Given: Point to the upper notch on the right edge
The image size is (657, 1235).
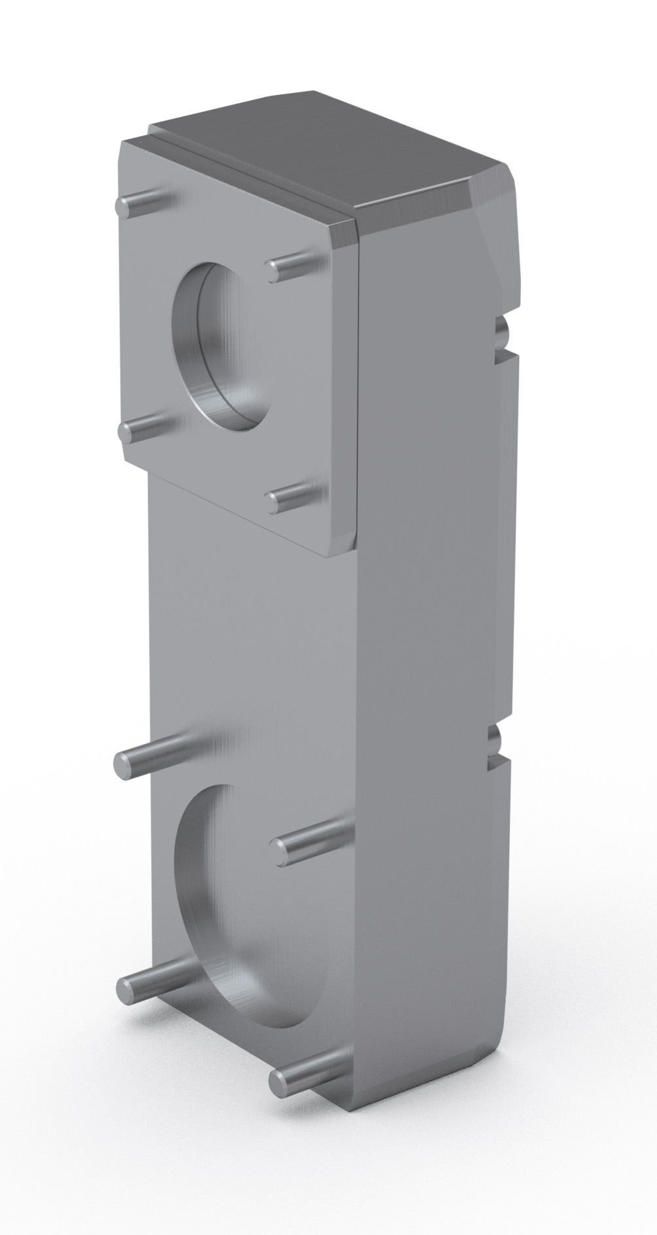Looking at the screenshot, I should tap(500, 334).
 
